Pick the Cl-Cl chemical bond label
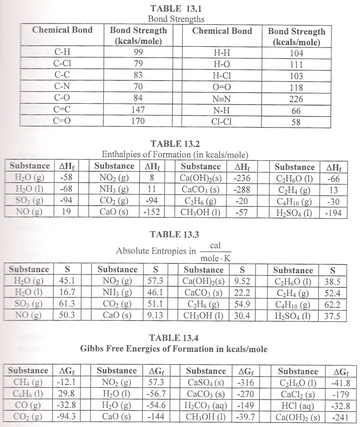pos(222,122)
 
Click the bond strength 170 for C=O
pos(138,122)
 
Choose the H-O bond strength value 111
pos(296,64)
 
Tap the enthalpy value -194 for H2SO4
pos(334,213)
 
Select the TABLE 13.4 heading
pos(174,337)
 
